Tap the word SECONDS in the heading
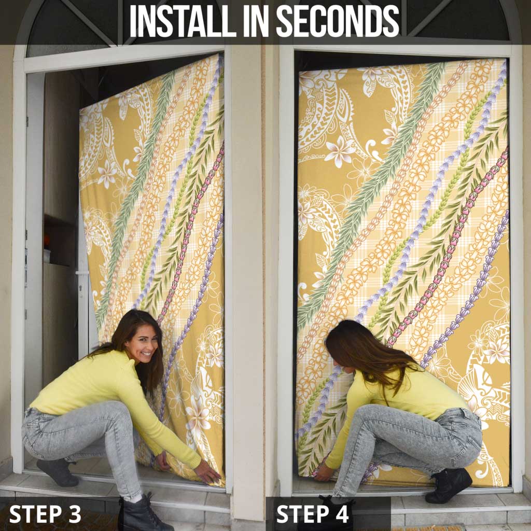pyautogui.click(x=338, y=21)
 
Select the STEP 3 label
pyautogui.click(x=45, y=514)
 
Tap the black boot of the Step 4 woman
pyautogui.click(x=449, y=485)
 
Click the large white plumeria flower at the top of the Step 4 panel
pyautogui.click(x=340, y=151)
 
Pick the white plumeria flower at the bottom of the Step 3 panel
pyautogui.click(x=198, y=417)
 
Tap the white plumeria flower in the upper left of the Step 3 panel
pyautogui.click(x=107, y=174)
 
